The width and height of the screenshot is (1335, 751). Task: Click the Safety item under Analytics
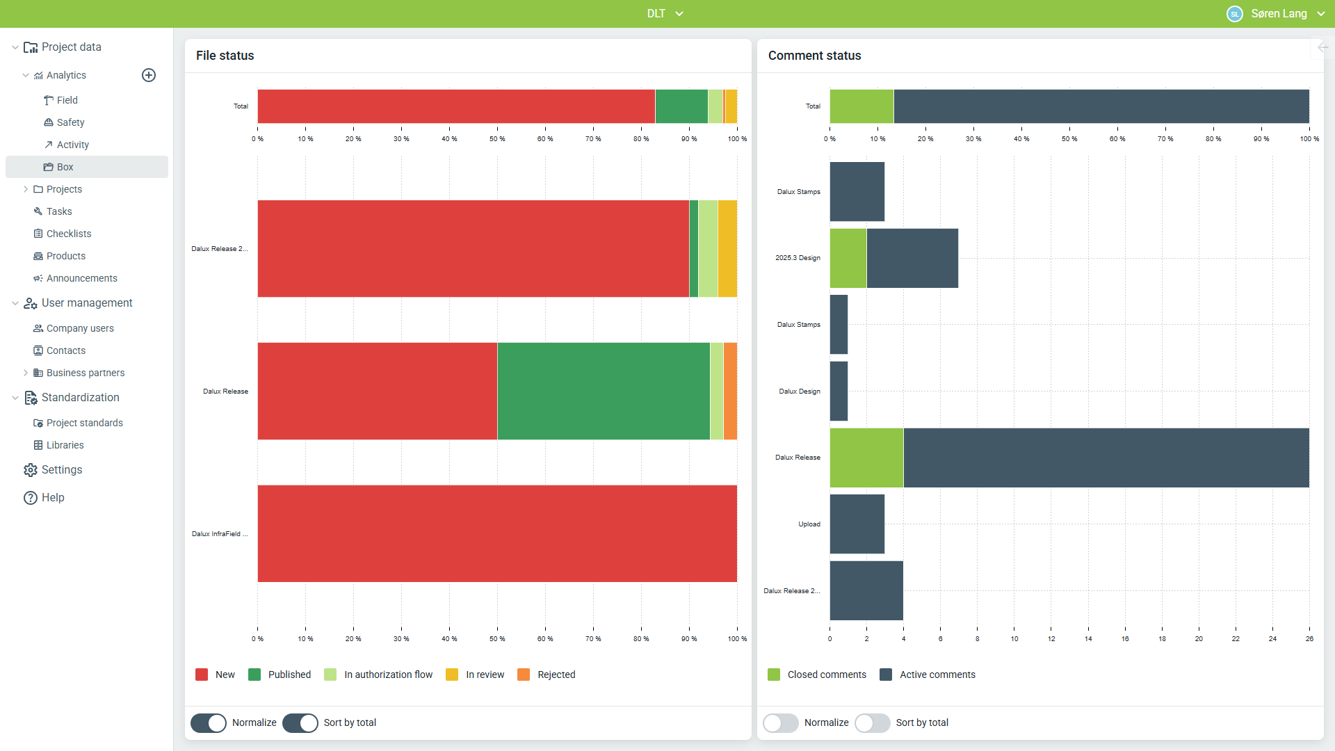point(70,122)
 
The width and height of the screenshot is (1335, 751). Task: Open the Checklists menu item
point(69,234)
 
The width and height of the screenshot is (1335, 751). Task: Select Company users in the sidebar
point(80,328)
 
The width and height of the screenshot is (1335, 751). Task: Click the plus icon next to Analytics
point(149,75)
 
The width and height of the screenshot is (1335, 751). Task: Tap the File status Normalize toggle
point(209,722)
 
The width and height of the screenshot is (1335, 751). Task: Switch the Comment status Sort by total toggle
point(872,722)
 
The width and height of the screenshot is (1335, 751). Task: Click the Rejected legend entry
point(547,675)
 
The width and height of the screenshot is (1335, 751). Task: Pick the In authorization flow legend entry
point(378,675)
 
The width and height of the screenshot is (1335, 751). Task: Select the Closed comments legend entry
point(817,675)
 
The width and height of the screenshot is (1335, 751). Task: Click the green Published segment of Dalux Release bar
point(604,391)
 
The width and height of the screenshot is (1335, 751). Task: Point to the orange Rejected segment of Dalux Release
point(730,391)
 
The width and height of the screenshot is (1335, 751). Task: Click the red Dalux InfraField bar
point(497,533)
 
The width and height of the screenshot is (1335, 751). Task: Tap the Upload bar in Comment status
point(857,524)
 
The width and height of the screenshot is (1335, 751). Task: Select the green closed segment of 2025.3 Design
point(848,258)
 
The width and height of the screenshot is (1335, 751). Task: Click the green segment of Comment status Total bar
point(862,106)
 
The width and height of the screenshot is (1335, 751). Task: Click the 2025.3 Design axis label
point(798,258)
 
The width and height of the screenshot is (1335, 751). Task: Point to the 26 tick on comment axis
point(1309,638)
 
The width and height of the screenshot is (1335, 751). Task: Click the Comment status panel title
point(814,56)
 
